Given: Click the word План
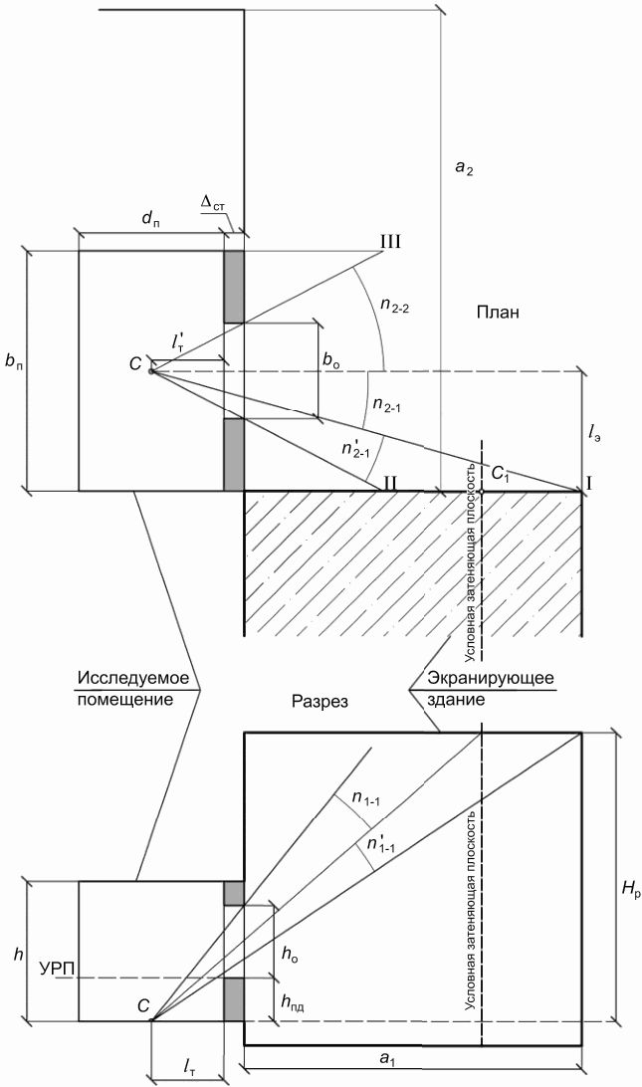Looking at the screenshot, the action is point(498,313).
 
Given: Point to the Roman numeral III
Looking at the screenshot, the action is point(391,242).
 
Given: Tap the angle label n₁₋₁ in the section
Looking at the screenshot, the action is point(364,799).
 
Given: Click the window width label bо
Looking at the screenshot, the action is point(331,361).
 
